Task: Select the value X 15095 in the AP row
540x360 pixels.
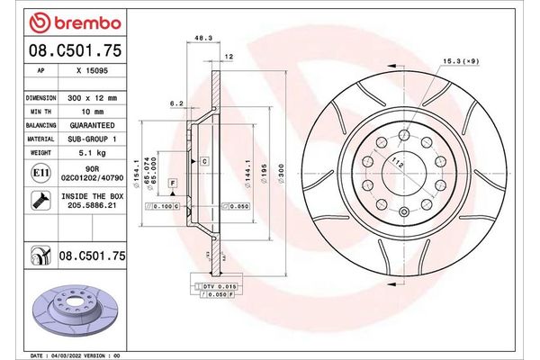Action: [92, 69]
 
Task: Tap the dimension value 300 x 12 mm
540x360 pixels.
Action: [93, 95]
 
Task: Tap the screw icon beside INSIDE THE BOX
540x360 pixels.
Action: [40, 200]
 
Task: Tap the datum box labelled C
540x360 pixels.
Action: [204, 160]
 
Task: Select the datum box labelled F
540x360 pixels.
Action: [172, 183]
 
